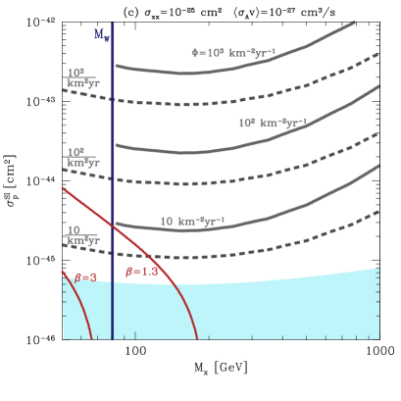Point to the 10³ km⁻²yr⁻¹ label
tap(273, 124)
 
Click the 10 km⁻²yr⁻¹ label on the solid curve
tap(193, 222)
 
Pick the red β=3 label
tap(85, 277)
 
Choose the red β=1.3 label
tap(141, 272)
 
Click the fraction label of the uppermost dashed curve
tap(82, 78)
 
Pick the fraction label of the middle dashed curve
tap(82, 157)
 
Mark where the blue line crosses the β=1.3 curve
tap(113, 223)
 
